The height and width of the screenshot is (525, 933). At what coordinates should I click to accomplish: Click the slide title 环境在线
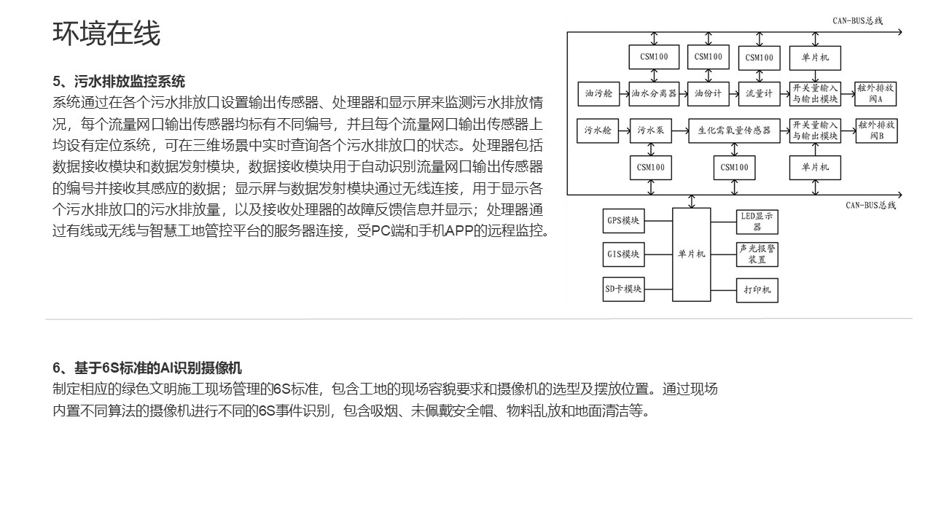[x=106, y=34]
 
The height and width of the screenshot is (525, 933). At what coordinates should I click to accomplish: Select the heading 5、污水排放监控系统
[x=119, y=81]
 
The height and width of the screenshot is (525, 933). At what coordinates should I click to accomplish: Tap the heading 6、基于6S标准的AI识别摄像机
[x=147, y=368]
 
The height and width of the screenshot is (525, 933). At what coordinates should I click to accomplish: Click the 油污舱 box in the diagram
[x=598, y=94]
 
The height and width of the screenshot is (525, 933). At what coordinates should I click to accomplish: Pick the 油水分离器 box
[x=654, y=94]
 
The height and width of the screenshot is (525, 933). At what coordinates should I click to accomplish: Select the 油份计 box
[x=708, y=94]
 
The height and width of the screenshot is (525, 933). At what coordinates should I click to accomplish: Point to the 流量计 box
[x=760, y=94]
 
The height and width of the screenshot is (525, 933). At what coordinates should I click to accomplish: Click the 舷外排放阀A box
[x=875, y=94]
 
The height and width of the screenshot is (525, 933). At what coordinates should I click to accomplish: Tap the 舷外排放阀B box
[x=876, y=131]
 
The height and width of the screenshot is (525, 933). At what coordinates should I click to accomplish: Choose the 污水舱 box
[x=598, y=131]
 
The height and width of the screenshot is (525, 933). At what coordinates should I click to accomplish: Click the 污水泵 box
[x=651, y=131]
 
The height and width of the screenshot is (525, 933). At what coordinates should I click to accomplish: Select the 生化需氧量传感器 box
[x=734, y=131]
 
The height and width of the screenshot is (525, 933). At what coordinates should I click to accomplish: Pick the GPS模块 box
[x=623, y=221]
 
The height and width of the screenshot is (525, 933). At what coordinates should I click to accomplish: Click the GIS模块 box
[x=623, y=254]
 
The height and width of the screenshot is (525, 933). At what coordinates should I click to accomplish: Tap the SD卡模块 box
[x=623, y=289]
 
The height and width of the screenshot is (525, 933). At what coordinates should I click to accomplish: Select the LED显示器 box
[x=757, y=222]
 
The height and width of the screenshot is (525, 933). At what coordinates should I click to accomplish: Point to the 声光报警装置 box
[x=757, y=254]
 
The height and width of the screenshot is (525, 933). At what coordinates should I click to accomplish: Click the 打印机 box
[x=757, y=290]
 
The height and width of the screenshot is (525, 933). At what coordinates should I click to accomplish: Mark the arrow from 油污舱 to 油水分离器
[x=625, y=94]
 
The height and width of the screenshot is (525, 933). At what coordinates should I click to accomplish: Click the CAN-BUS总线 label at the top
[x=858, y=21]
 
